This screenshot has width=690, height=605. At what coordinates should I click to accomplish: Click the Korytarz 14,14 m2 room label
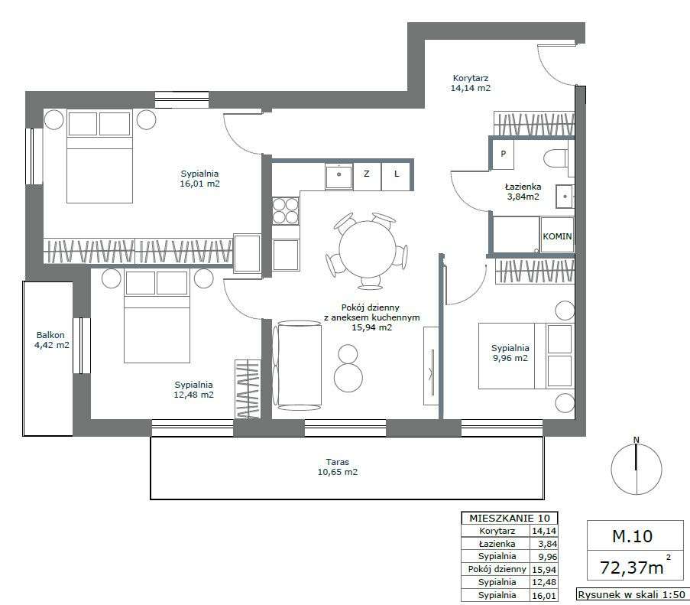[x=471, y=83]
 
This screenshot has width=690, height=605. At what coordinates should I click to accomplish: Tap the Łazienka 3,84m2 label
[x=523, y=191]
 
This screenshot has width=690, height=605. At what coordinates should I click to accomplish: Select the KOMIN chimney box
[x=557, y=234]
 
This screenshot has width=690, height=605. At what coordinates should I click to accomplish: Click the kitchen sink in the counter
[x=339, y=176]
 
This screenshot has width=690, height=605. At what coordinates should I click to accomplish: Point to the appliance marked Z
[x=367, y=176]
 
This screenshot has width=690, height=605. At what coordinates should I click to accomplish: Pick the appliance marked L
[x=396, y=176]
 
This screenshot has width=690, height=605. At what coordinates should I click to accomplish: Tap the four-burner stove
[x=285, y=211]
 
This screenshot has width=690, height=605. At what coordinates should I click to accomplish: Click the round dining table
[x=368, y=249]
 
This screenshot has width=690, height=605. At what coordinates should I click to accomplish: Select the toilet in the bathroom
[x=556, y=158]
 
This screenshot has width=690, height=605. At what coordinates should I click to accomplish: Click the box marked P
[x=503, y=154]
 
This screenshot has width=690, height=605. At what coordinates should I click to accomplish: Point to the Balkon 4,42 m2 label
[x=51, y=340]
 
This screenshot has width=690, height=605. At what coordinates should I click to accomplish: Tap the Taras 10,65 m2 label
[x=338, y=467]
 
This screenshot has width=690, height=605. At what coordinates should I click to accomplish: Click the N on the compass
[x=636, y=440]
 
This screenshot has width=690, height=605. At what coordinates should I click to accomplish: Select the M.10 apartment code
[x=633, y=536]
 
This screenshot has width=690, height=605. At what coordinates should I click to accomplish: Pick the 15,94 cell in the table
[x=544, y=569]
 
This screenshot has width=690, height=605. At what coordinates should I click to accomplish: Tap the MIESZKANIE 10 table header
[x=510, y=519]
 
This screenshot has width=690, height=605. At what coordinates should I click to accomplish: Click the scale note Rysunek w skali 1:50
[x=631, y=594]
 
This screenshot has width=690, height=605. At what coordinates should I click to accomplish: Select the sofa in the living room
[x=297, y=366]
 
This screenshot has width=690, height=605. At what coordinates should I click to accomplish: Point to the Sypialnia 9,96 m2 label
[x=510, y=353]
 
